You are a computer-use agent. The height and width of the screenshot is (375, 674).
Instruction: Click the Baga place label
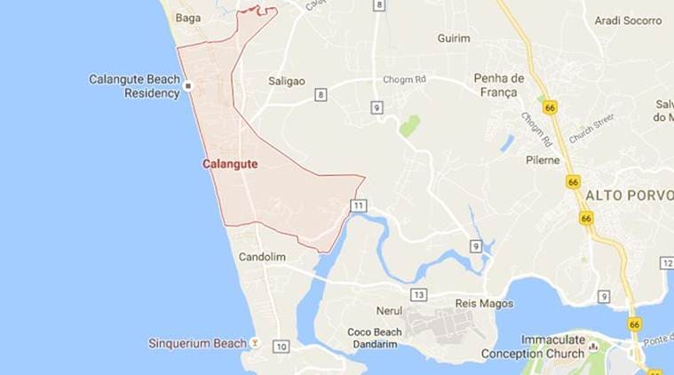(x=188, y=17)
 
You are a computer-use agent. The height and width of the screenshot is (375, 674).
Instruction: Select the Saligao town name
(x=287, y=81)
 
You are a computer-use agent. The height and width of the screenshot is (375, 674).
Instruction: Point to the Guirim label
(x=454, y=38)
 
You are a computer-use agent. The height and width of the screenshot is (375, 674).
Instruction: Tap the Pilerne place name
(x=543, y=160)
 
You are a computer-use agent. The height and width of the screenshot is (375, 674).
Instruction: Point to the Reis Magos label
(x=484, y=303)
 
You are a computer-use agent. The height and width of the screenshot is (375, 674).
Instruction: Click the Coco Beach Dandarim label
(x=375, y=339)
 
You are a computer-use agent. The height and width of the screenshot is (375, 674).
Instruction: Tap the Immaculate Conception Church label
(x=534, y=347)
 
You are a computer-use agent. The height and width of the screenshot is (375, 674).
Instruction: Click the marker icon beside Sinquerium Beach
(x=255, y=341)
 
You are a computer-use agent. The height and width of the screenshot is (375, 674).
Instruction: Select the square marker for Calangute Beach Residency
(x=188, y=86)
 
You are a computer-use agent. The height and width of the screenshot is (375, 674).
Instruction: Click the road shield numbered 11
(x=358, y=205)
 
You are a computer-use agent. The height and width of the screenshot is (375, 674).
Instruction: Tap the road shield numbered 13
(x=419, y=294)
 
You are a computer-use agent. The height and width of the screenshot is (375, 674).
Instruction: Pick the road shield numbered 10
(x=281, y=346)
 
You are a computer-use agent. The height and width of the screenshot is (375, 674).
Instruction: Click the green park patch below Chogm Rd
(x=409, y=125)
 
